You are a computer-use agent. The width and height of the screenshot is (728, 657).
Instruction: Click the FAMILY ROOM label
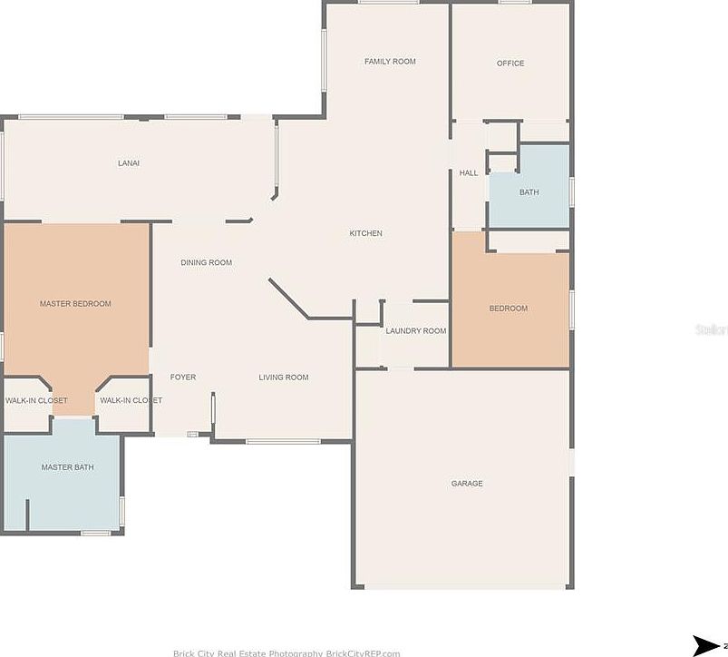coord(390,62)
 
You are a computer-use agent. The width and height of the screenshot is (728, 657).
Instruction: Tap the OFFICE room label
coord(510,64)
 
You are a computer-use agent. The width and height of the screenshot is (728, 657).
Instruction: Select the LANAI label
coord(129,163)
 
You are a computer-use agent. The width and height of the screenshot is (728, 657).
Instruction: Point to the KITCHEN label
coord(365,233)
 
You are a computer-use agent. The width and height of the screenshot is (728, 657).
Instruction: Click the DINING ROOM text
coord(206,263)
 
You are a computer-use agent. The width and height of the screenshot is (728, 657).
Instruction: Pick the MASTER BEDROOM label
coord(75,304)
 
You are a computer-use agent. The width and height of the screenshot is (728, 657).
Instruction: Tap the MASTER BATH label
coord(67,467)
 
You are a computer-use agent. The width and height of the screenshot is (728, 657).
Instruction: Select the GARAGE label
coord(467,484)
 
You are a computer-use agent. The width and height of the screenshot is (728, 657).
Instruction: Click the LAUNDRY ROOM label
coord(415,331)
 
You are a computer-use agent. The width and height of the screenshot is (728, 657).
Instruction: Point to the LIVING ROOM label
coord(283,378)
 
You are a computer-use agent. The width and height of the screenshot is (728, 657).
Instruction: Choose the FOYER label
coord(183,378)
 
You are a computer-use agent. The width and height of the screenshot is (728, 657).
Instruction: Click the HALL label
coord(468,173)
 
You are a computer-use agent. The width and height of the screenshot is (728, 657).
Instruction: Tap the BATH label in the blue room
coord(529,192)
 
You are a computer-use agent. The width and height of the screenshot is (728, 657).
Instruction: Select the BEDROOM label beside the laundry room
coord(508,309)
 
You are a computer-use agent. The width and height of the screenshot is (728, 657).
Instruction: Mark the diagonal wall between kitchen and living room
coord(288,299)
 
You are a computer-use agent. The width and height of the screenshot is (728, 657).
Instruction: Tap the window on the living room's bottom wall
coord(283,442)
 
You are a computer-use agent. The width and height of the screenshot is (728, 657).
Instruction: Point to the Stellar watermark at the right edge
coord(712,329)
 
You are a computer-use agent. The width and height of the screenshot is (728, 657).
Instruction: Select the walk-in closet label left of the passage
coord(36,400)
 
